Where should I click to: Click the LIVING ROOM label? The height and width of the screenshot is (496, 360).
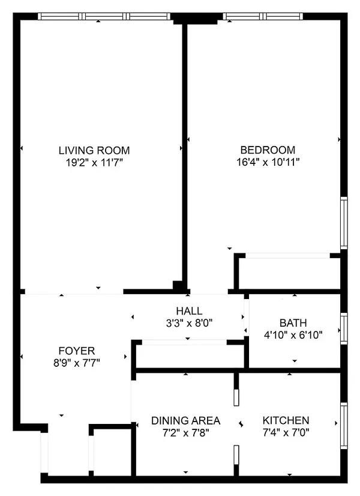[x=94, y=150]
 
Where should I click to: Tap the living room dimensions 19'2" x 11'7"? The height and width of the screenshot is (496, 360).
[x=94, y=162]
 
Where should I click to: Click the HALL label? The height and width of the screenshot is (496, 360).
[x=189, y=311]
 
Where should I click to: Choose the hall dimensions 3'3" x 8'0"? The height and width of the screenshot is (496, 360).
[x=189, y=322]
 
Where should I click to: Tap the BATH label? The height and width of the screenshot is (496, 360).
[x=293, y=323]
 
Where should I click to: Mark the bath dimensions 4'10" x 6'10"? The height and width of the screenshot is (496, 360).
[x=293, y=334]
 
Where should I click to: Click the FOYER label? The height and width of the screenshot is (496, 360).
[x=76, y=351]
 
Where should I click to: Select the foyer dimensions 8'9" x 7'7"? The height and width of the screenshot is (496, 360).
[x=76, y=362]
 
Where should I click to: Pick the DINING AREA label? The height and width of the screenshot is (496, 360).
[x=185, y=420]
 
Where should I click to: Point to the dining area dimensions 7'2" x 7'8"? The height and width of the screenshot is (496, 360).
[x=185, y=432]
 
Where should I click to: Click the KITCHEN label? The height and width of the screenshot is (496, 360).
[x=286, y=420]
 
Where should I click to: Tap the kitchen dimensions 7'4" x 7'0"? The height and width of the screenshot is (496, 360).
[x=286, y=432]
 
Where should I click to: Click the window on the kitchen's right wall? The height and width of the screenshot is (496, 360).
[x=344, y=426]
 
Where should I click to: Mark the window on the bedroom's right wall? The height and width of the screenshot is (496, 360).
[x=344, y=222]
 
